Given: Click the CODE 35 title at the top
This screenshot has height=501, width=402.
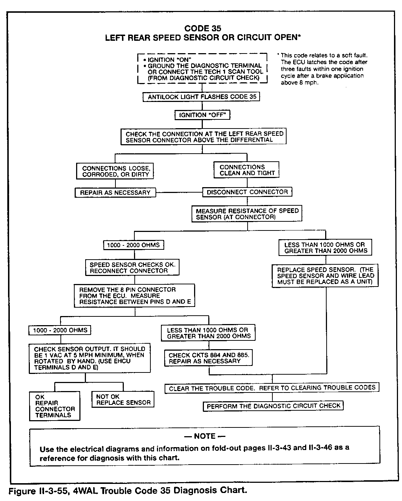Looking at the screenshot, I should pyautogui.click(x=202, y=28).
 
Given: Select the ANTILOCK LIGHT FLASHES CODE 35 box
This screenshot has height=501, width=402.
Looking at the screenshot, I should pyautogui.click(x=202, y=97).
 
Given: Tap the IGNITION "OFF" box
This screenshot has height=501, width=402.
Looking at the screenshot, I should pyautogui.click(x=203, y=115).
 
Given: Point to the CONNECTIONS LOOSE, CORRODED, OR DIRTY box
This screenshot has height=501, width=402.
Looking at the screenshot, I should pyautogui.click(x=115, y=171).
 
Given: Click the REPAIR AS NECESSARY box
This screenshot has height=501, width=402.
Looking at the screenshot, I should pyautogui.click(x=115, y=193).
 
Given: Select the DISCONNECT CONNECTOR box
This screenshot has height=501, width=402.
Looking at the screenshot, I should pyautogui.click(x=247, y=192).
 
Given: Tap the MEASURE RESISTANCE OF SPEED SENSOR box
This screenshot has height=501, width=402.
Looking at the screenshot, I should pyautogui.click(x=247, y=214).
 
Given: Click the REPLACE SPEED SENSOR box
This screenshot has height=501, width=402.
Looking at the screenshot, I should pyautogui.click(x=325, y=276).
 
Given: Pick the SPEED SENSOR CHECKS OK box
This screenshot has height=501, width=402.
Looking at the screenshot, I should pyautogui.click(x=132, y=268).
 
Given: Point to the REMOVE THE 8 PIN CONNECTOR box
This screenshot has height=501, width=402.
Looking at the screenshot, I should pyautogui.click(x=135, y=296).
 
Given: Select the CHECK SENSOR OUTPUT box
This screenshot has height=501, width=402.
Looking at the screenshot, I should pyautogui.click(x=90, y=358).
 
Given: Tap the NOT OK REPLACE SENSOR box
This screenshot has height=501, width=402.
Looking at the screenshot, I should pyautogui.click(x=123, y=399).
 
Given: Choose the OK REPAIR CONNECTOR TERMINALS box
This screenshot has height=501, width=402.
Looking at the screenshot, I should pyautogui.click(x=55, y=406).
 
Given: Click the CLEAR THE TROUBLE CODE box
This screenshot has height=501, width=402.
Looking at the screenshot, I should pyautogui.click(x=272, y=388).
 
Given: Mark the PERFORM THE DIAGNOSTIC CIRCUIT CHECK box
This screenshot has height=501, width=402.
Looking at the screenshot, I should pyautogui.click(x=273, y=406).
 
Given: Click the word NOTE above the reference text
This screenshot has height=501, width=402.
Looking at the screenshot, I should pyautogui.click(x=205, y=436).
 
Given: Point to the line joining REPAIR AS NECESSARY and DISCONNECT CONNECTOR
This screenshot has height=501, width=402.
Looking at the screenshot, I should pyautogui.click(x=179, y=192).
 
